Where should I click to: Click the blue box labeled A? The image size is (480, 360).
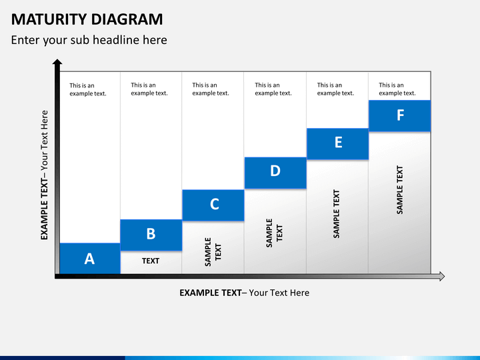pos(89,259)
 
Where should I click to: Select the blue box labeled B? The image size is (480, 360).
pos(151,235)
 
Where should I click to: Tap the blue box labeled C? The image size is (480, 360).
pos(213,205)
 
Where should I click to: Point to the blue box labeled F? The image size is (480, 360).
pos(400,116)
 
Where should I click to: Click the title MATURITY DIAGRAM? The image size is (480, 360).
pos(87,19)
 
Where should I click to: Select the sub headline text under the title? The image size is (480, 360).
pos(89,40)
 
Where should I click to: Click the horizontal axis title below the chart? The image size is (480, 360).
pos(244,293)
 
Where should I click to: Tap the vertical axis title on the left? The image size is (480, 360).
pos(45,175)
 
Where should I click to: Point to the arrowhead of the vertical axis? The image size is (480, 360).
pos(57,64)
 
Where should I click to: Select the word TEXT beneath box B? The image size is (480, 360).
pos(151,261)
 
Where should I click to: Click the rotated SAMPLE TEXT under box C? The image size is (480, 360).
pos(213,252)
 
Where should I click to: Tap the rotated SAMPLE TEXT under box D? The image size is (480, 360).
pos(275,233)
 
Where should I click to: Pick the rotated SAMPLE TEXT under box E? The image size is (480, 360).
pos(337,213)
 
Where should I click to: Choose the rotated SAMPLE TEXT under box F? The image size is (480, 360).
pos(400,189)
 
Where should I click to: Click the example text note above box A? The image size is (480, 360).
pos(88,89)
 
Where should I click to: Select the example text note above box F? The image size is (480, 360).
pos(397,89)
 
